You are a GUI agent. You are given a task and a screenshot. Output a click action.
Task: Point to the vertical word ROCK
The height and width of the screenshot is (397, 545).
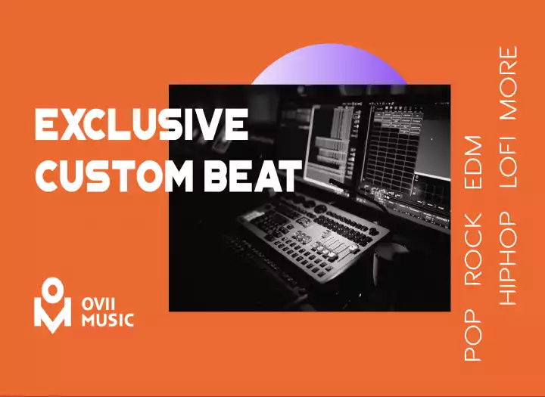pos(473,251)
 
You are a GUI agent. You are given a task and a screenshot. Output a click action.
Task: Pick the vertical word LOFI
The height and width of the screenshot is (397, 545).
pos(508,161)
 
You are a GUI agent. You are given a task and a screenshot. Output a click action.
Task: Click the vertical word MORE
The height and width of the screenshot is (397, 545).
pos(508,83)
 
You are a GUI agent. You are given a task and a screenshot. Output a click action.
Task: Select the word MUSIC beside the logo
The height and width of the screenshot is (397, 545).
pos(107,320)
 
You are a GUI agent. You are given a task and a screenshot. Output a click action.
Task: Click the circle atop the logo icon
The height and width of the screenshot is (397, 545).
pos(53,288)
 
